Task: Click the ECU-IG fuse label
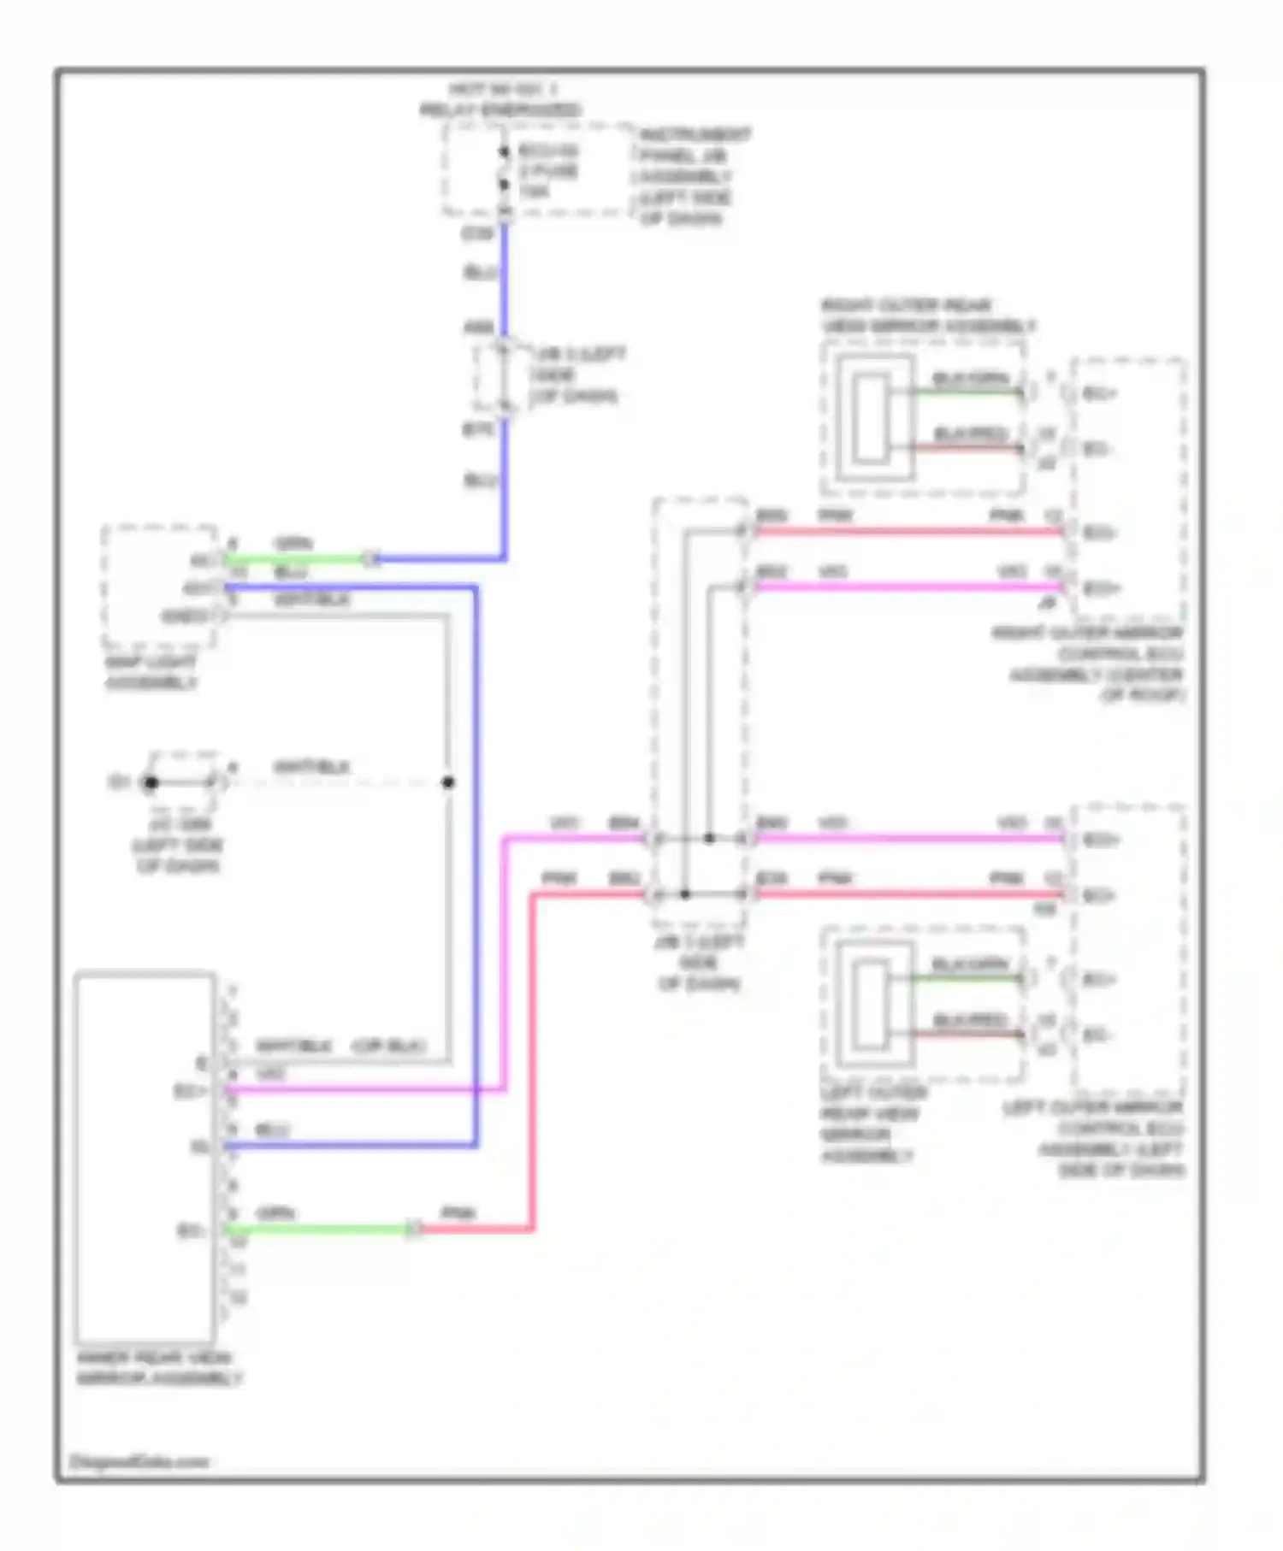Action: point(548,171)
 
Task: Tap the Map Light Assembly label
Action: point(151,673)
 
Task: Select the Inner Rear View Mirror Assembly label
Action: point(159,1369)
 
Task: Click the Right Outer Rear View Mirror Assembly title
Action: point(928,316)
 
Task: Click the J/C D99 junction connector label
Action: point(177,846)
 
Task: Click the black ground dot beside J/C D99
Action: point(151,782)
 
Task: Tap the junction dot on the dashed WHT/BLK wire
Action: point(448,782)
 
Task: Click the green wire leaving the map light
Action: point(295,560)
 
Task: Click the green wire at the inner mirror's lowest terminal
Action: point(321,1230)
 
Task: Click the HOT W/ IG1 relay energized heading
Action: point(501,99)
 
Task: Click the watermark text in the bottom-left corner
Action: point(139,1462)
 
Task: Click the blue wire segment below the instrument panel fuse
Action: point(504,274)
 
